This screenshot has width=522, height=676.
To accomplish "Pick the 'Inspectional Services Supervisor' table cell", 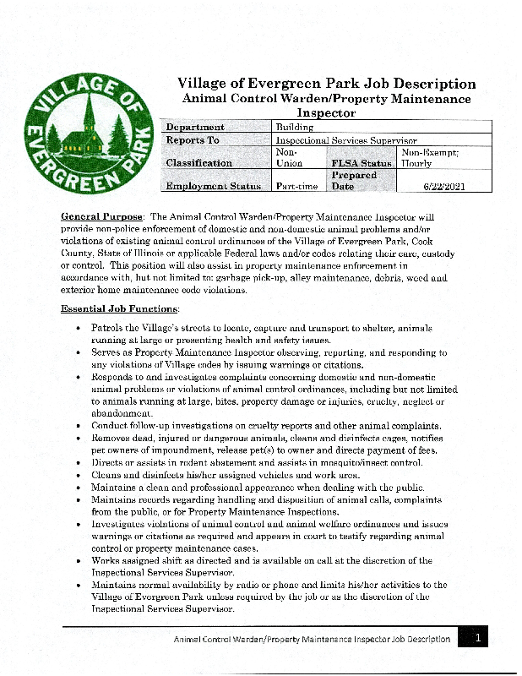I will [x=346, y=140].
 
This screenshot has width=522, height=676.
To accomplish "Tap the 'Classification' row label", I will [x=199, y=163].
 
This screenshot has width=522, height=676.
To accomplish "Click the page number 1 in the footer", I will [x=477, y=639].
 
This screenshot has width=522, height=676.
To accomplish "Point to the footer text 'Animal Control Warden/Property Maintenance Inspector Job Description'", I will [x=312, y=640].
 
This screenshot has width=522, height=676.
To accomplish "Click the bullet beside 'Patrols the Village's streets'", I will [x=79, y=327].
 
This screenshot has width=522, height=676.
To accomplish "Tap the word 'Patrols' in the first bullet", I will [x=108, y=327].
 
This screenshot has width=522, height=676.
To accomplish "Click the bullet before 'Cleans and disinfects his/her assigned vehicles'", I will [x=79, y=475].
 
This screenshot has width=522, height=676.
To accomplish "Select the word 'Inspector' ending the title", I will [x=326, y=112].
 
